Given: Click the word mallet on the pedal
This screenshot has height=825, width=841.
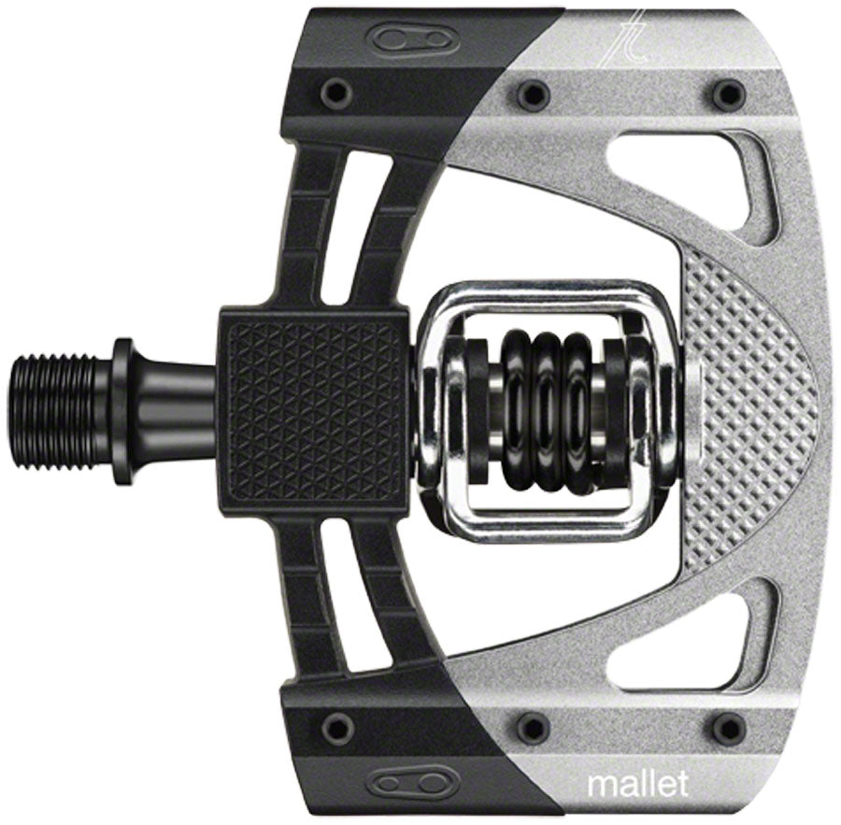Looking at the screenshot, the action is tap(637, 785).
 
